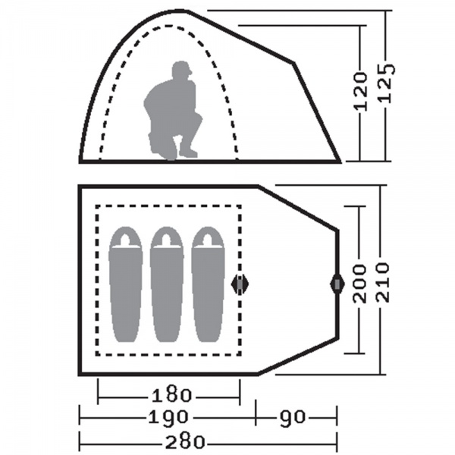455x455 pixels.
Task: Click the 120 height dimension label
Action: tap(360, 92)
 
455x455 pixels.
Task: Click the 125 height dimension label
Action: tap(387, 83)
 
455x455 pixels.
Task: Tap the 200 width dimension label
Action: tap(359, 284)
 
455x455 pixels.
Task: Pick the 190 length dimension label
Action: tap(168, 417)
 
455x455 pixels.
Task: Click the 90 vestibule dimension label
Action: tap(293, 417)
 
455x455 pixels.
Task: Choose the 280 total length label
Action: tap(185, 442)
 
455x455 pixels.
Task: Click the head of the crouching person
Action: tap(182, 70)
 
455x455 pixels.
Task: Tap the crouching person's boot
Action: tap(188, 152)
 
